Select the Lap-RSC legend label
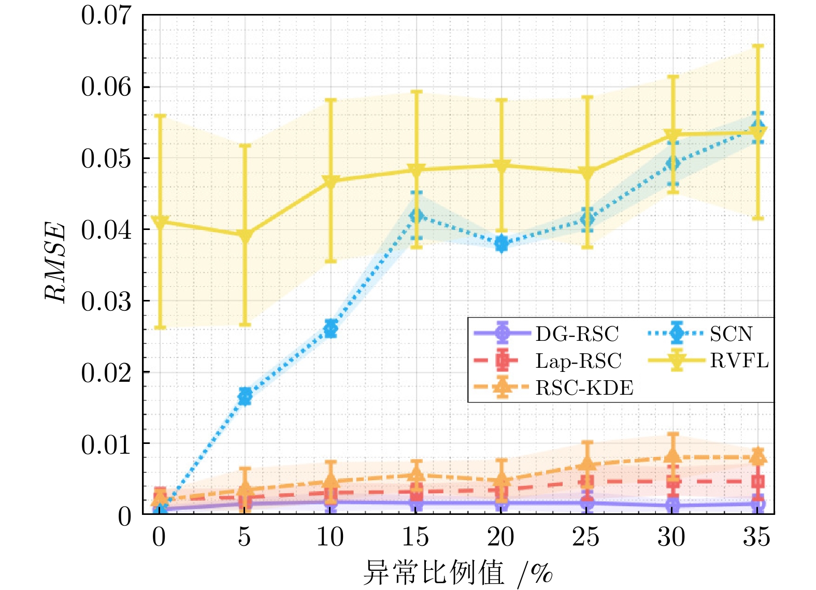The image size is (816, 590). tap(578, 361)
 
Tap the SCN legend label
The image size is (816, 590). tap(731, 334)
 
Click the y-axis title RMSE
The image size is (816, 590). tap(55, 262)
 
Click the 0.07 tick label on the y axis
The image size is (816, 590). tap(106, 16)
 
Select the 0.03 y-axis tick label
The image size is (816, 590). tap(106, 301)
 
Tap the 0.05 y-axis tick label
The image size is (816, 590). tap(106, 159)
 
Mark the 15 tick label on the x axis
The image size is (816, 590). tap(416, 537)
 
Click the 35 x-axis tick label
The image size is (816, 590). tap(757, 537)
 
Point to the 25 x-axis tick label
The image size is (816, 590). tap(586, 537)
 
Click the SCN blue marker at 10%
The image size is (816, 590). tap(331, 328)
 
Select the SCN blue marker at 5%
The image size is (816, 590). tap(245, 396)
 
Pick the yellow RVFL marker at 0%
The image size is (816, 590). tap(160, 222)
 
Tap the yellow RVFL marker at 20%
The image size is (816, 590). tap(502, 166)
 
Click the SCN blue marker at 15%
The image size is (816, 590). tap(416, 215)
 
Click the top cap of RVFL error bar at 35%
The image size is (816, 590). tap(757, 46)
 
